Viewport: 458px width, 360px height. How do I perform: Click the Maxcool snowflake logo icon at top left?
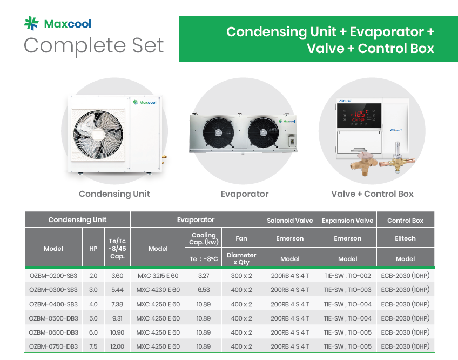(x=31, y=23)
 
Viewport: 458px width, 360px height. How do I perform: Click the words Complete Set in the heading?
(x=93, y=45)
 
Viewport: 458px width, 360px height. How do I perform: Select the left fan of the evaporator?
(x=218, y=132)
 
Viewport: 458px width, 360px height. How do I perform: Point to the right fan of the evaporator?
(x=263, y=132)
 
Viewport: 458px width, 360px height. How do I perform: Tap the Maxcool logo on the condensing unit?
(x=145, y=102)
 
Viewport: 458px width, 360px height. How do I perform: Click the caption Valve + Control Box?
(x=372, y=194)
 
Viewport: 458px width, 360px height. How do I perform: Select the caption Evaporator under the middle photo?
(x=245, y=194)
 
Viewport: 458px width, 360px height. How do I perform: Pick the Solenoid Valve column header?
(x=289, y=221)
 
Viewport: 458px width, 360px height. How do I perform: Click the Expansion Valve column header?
(x=348, y=221)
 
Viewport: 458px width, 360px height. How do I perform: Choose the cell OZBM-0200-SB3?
(x=53, y=276)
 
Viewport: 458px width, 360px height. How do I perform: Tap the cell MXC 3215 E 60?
(x=158, y=276)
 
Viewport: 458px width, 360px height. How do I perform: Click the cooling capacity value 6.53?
(x=204, y=290)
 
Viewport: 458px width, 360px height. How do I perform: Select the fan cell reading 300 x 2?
(x=241, y=276)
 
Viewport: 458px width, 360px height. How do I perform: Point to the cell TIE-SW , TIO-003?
(x=348, y=290)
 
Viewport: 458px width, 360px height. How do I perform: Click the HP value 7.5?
(x=93, y=346)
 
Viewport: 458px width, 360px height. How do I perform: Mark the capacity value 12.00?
(x=117, y=346)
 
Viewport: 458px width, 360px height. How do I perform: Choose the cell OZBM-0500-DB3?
(x=53, y=318)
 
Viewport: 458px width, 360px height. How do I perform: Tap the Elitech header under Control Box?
(x=405, y=238)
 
